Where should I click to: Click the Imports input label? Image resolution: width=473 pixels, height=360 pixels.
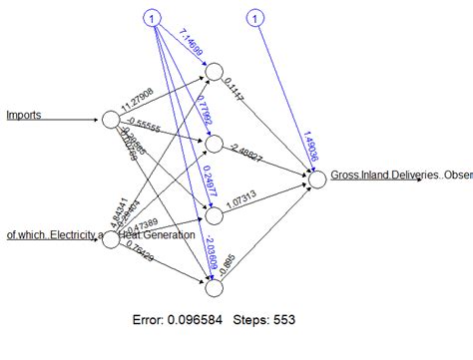coord(23,115)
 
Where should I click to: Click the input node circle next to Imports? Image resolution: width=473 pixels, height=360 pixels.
coord(110,120)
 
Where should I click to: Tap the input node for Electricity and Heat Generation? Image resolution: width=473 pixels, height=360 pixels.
coord(110,209)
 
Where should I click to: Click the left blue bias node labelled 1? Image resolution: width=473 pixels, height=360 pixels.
coord(151,19)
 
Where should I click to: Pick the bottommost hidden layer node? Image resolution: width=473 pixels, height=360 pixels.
coord(213,289)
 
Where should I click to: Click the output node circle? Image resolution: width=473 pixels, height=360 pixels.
coord(317,180)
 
